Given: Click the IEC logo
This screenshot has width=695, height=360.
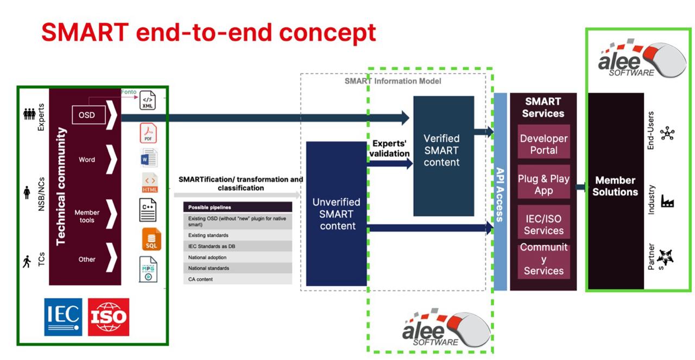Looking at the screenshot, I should click(x=63, y=317).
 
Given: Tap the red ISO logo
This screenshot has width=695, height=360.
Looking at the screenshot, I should click(x=109, y=317).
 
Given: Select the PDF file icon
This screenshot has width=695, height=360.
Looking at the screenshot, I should click(x=148, y=132).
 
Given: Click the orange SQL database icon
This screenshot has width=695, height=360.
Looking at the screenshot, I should click(x=151, y=239).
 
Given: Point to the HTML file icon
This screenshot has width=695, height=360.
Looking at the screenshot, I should click(x=150, y=183).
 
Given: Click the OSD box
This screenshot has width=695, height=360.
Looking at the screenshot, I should click(x=87, y=115).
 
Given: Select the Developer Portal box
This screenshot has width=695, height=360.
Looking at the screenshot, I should click(x=544, y=144).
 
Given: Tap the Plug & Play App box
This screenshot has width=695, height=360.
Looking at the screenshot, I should click(x=544, y=184).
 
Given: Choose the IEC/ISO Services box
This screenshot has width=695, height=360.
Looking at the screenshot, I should click(x=544, y=225).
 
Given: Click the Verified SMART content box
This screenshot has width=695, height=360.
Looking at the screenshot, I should click(x=442, y=150).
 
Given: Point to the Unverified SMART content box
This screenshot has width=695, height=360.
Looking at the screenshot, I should click(x=337, y=213).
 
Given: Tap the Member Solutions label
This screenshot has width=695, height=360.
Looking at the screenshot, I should click(x=615, y=186).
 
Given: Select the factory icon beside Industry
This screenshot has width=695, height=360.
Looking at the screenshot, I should click(x=667, y=202).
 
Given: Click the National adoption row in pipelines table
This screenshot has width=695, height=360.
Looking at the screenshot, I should click(x=237, y=257).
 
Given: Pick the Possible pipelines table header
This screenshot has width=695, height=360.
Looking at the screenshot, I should click(x=237, y=207).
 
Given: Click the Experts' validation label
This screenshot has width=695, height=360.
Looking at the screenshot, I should click(x=390, y=148).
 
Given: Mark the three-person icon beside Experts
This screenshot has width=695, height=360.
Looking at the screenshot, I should click(x=29, y=114).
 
